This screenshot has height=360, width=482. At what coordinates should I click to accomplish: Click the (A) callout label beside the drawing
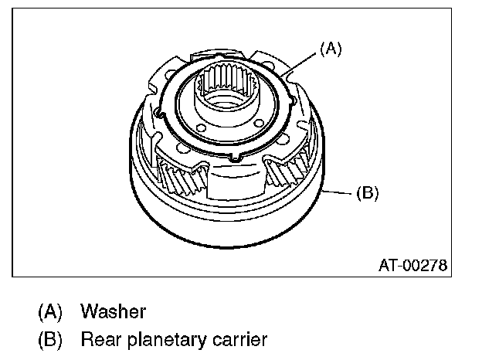point(330,49)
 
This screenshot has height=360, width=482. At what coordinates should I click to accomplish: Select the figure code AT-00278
point(412,266)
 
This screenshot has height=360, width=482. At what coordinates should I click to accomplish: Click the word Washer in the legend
point(113,312)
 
